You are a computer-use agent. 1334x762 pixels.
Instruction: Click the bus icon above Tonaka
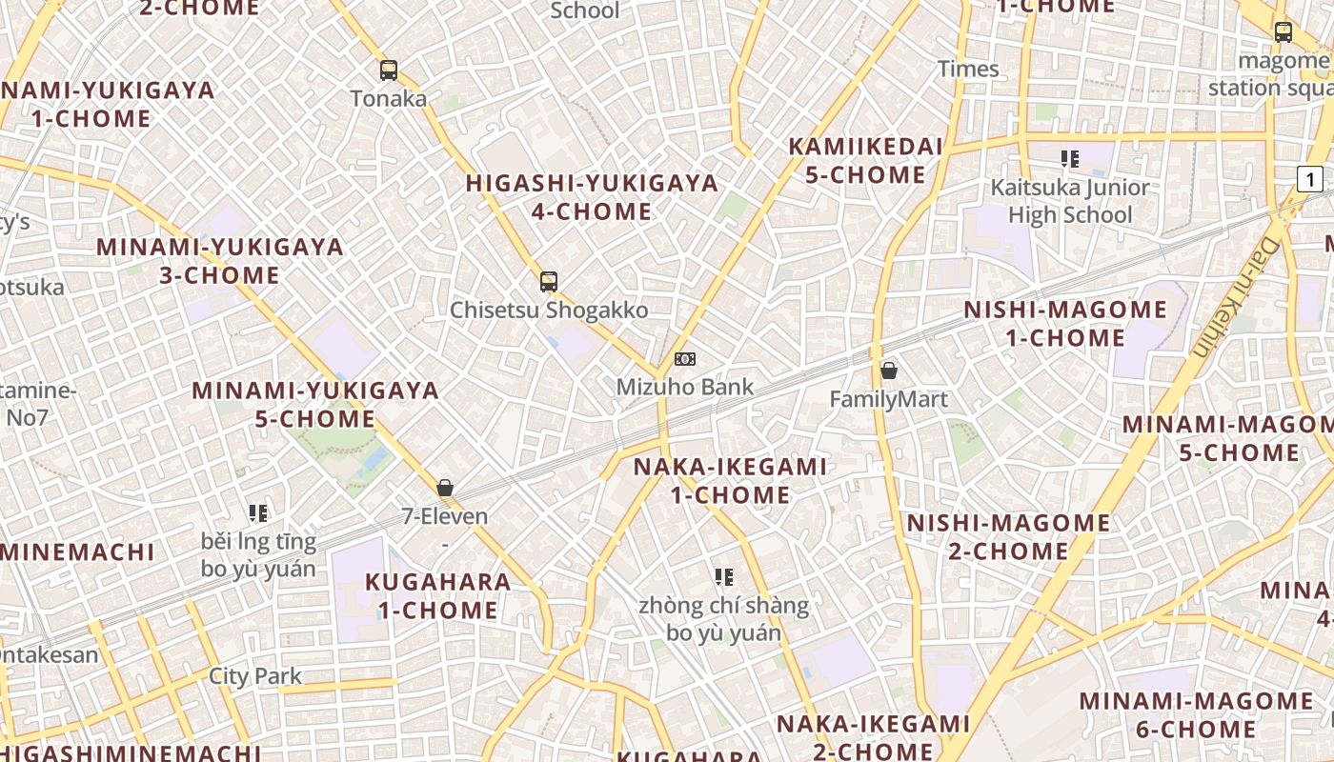388,70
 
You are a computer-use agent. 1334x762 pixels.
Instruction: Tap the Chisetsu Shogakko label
549,311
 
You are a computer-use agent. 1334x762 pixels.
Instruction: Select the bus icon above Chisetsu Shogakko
548,281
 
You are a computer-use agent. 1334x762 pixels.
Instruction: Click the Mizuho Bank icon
684,359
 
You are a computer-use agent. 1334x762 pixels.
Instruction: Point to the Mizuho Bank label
684,388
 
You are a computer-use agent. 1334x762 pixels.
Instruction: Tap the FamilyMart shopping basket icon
888,371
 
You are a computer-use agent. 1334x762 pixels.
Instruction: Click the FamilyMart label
888,399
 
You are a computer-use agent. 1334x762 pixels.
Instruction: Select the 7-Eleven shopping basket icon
445,488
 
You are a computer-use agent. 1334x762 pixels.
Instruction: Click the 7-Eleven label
445,517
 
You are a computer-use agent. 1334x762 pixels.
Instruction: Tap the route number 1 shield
1310,178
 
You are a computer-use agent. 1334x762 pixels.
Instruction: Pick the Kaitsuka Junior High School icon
1069,159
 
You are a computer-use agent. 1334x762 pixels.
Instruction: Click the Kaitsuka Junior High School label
1070,201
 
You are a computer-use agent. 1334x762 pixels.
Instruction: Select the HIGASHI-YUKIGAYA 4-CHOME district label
592,197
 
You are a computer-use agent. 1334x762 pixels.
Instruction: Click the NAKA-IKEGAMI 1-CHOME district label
731,481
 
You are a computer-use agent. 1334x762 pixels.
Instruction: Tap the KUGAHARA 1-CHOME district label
438,596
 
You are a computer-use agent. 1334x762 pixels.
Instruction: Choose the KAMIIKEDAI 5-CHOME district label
865,161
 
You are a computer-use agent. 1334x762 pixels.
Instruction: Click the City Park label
255,677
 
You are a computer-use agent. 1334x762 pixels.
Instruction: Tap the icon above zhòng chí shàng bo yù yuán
723,576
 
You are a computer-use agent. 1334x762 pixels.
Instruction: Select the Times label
968,69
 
